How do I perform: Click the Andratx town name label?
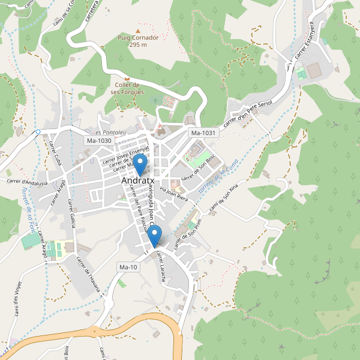139,180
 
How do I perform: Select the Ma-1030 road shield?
99,140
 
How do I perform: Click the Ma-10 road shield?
129,267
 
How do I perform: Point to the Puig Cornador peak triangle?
139,31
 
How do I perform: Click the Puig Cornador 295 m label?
138,41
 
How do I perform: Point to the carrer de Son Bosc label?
199,168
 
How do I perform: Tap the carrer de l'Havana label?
88,274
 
